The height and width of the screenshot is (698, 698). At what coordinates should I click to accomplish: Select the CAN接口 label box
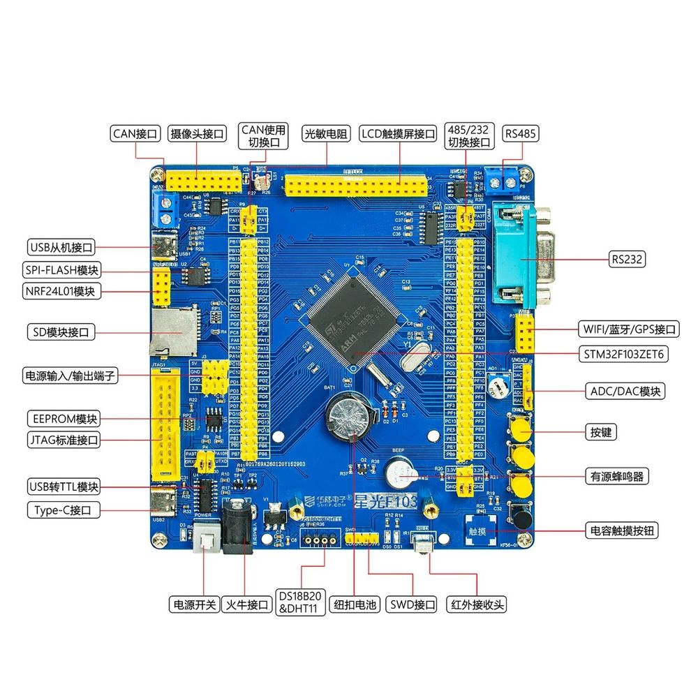[x=135, y=133]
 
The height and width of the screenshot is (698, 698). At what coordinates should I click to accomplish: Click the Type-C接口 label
[x=62, y=510]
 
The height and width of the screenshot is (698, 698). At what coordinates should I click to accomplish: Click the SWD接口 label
[x=412, y=604]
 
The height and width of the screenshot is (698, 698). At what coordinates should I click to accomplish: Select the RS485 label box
[x=521, y=133]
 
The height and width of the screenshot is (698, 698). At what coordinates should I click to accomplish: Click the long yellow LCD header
[x=356, y=186]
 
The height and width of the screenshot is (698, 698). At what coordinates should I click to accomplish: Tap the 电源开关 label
[x=193, y=604]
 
